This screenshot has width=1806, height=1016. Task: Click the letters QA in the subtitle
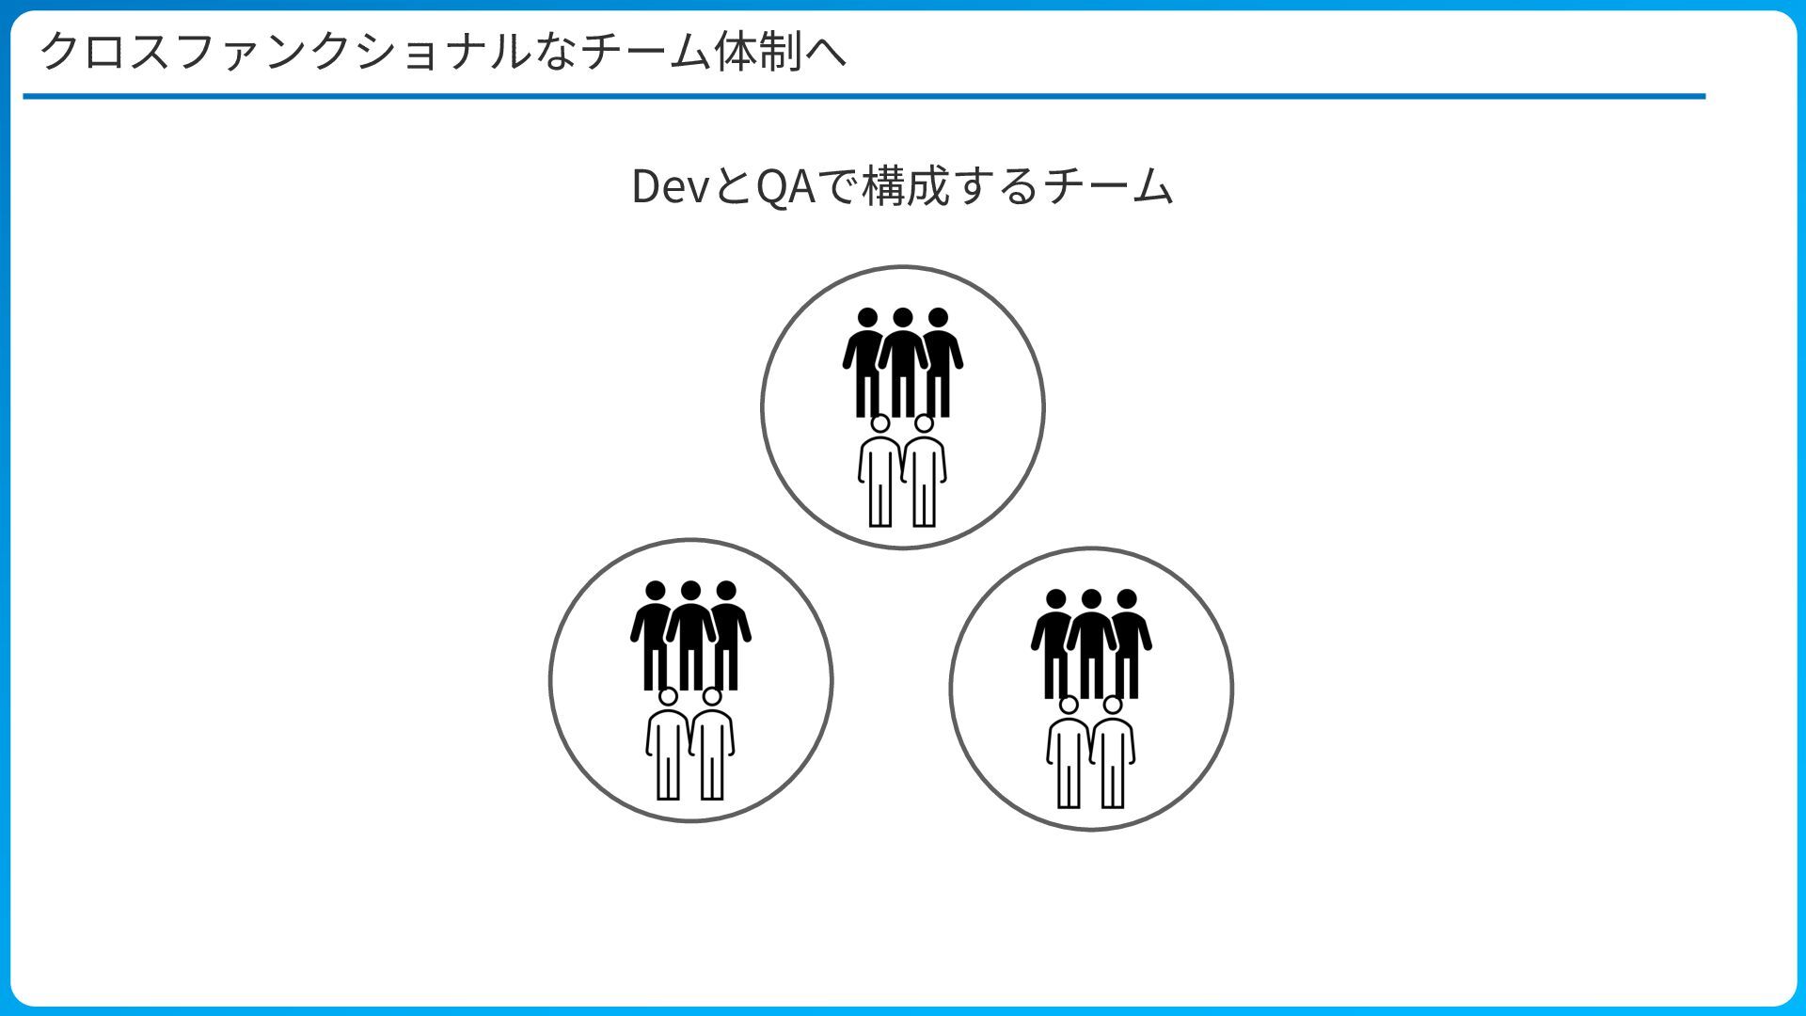point(784,186)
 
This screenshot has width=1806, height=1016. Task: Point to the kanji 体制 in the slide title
point(757,51)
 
